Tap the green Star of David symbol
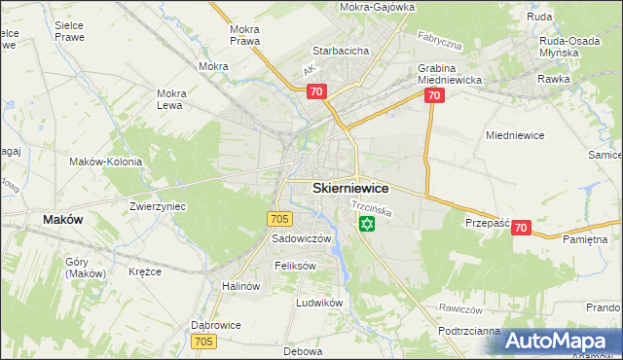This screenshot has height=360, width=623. pyautogui.click(x=367, y=225)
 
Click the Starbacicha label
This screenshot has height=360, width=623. pyautogui.click(x=339, y=51)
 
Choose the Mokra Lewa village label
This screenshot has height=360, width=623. pyautogui.click(x=171, y=99)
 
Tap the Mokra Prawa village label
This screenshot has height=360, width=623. pyautogui.click(x=243, y=35)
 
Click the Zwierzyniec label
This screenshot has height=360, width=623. pyautogui.click(x=158, y=207)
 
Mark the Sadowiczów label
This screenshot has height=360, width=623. pyautogui.click(x=302, y=238)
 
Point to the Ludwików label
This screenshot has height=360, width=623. pyautogui.click(x=320, y=303)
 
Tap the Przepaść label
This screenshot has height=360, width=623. pyautogui.click(x=488, y=222)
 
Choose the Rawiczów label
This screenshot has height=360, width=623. pyautogui.click(x=460, y=309)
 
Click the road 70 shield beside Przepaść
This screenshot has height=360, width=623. pyautogui.click(x=521, y=228)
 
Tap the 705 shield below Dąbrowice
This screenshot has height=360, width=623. pyautogui.click(x=203, y=342)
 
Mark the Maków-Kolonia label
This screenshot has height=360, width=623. pyautogui.click(x=106, y=162)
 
